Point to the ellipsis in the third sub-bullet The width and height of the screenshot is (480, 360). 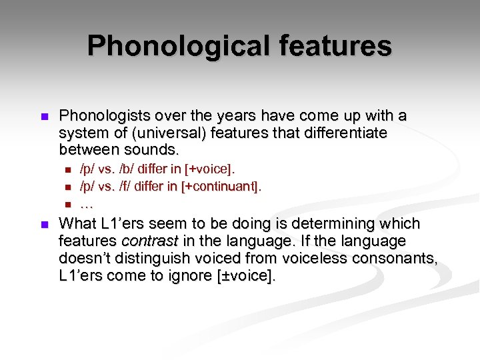pyautogui.click(x=86, y=203)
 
